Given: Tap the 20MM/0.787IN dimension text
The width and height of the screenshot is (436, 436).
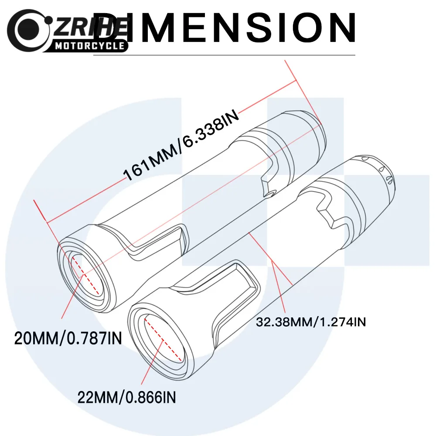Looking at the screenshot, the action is click(68, 338).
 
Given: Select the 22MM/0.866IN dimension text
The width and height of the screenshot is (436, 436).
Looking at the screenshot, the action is click(126, 397).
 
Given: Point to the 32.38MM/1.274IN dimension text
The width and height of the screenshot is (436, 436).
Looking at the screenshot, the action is click(310, 322).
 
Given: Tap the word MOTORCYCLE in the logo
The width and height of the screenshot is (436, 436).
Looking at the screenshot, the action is click(89, 46).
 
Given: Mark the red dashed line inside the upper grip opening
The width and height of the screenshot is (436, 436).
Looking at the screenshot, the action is click(85, 275).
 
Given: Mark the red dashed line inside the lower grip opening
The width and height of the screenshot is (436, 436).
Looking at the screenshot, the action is click(163, 340).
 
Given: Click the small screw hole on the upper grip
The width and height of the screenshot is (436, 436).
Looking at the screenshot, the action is click(270, 194).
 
